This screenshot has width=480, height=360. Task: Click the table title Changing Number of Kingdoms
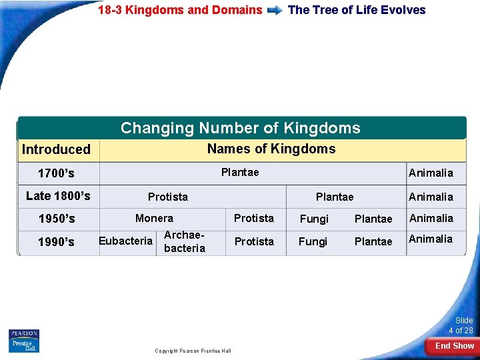[x=240, y=128]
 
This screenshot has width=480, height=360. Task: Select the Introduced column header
[x=56, y=149]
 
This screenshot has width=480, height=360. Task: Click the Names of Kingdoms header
[x=271, y=149]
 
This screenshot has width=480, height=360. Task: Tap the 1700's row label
[x=56, y=173]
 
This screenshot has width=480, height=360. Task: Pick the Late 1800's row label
[x=58, y=195]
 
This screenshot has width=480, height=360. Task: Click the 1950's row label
[x=57, y=219]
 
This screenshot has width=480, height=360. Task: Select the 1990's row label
[x=57, y=242]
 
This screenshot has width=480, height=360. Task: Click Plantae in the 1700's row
[x=240, y=173]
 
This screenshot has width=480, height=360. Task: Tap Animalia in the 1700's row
[x=431, y=173]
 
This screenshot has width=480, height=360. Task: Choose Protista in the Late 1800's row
[x=168, y=197]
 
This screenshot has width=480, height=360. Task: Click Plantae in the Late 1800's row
[x=335, y=197]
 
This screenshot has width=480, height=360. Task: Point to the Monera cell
[x=154, y=218]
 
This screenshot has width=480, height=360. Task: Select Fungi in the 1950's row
[x=313, y=219]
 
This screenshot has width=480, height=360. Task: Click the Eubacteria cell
[x=125, y=241]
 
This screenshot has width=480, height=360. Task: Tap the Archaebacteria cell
[x=184, y=241]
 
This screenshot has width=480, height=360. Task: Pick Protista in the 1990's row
[x=254, y=241]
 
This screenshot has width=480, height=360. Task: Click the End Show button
[x=454, y=346]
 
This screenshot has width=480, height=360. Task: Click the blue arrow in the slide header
[x=275, y=11]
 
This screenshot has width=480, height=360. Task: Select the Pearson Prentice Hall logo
[x=24, y=341]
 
